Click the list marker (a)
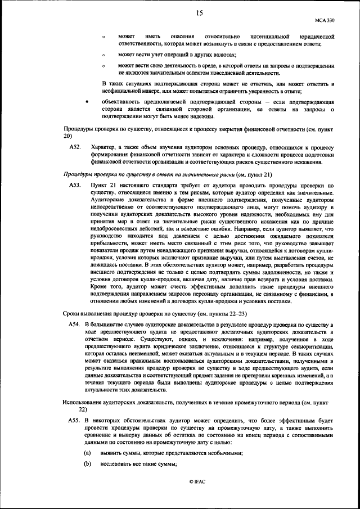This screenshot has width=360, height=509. click(87, 453)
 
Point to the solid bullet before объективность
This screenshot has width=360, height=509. click(85, 102)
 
